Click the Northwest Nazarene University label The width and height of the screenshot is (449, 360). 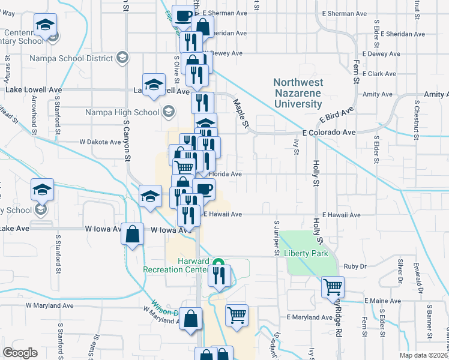298,93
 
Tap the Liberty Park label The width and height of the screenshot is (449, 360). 306,253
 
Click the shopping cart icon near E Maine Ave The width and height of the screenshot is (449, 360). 333,286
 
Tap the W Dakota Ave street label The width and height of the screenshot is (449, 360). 100,142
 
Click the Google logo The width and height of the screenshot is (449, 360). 20,352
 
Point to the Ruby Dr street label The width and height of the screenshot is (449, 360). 351,266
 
